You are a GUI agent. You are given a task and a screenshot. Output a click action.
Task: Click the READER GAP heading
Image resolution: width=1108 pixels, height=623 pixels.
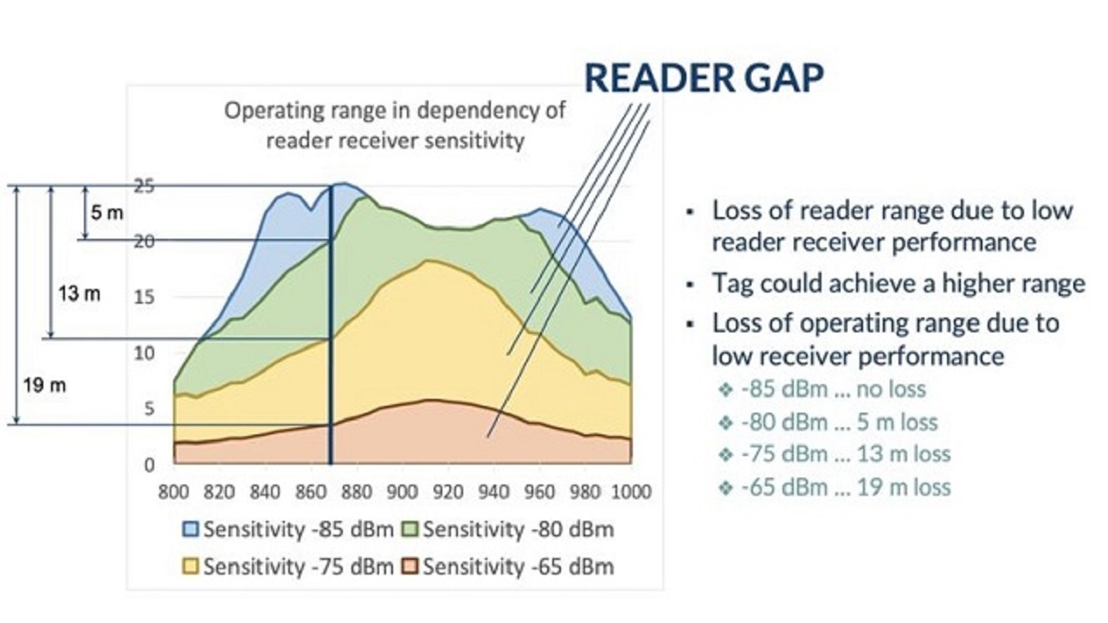[x=704, y=78]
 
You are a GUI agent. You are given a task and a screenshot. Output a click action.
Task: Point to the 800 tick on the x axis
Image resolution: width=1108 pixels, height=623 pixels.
[x=174, y=492]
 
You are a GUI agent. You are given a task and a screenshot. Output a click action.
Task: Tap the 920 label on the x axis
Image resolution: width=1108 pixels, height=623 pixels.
[x=448, y=492]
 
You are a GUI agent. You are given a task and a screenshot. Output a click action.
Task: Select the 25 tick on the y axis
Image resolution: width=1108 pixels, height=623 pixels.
[x=144, y=185]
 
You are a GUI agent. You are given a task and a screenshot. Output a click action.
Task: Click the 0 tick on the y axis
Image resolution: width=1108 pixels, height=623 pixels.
[x=149, y=465]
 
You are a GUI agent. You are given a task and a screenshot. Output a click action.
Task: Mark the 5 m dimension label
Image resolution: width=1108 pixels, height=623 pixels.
[x=107, y=213]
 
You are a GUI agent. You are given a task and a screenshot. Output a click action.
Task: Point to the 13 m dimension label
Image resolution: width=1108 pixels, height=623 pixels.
[x=80, y=294]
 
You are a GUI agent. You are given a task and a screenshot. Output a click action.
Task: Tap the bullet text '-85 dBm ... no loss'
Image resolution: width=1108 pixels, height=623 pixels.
[x=834, y=389]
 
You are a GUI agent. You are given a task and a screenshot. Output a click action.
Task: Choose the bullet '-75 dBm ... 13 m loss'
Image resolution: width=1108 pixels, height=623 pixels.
[x=846, y=454]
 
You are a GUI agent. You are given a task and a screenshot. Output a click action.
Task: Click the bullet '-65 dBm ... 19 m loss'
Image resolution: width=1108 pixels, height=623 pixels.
[x=846, y=487]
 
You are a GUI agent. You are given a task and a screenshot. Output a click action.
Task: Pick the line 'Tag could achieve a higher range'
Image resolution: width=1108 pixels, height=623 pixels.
[x=899, y=283]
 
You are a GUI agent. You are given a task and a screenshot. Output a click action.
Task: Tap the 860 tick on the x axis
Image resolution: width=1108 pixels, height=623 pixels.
[x=311, y=492]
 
